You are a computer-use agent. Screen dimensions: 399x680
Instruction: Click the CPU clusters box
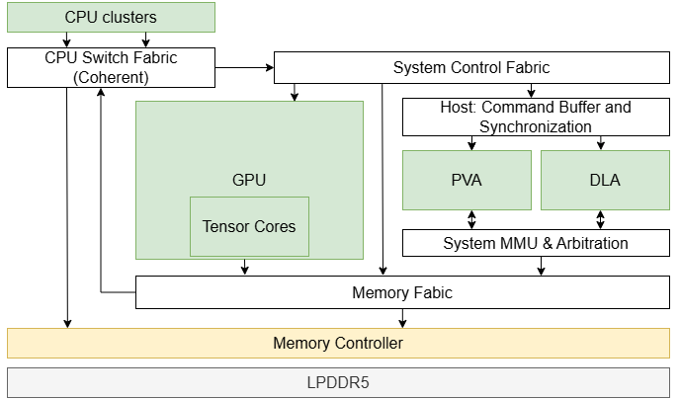point(111,17)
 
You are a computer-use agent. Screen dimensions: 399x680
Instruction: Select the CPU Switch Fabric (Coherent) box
point(111,67)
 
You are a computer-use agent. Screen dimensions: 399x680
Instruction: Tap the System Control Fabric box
point(470,68)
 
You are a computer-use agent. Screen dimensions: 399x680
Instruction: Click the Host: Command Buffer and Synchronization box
point(535,117)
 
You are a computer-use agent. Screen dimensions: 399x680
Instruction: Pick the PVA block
point(466,180)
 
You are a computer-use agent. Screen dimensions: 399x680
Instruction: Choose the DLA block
point(604,180)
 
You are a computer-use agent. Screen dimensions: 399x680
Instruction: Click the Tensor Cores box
point(249,226)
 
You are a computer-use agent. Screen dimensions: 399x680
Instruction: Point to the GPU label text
point(249,180)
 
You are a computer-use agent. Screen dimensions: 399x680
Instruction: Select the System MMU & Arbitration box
point(535,243)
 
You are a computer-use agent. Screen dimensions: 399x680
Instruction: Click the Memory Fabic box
point(401,292)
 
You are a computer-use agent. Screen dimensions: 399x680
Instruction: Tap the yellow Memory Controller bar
point(338,343)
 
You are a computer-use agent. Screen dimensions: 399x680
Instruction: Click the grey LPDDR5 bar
point(338,381)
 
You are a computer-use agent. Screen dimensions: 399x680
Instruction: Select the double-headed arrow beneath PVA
point(471,219)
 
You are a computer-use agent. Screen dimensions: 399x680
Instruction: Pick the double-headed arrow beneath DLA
point(600,219)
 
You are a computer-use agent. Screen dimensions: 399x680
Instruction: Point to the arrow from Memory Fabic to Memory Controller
point(401,317)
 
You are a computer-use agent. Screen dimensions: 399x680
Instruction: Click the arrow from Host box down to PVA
point(471,143)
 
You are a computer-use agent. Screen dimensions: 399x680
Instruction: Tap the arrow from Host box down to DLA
point(600,143)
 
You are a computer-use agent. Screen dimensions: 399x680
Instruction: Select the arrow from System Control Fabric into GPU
point(294,92)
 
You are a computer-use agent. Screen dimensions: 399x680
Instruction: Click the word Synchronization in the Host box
point(535,126)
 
